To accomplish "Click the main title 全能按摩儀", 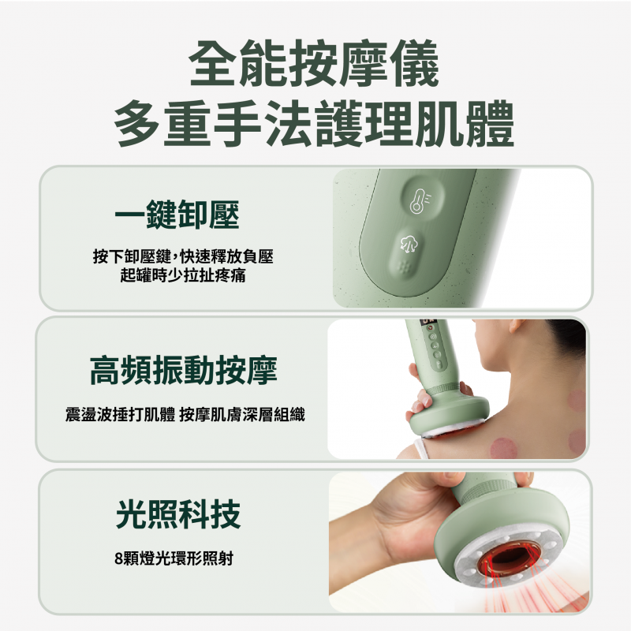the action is [314, 63].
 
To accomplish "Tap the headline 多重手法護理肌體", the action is [314, 124].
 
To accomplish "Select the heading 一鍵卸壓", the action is [177, 215].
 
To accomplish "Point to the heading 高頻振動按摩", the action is [184, 370].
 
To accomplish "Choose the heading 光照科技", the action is [178, 514].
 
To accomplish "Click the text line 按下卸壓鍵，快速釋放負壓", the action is [183, 256].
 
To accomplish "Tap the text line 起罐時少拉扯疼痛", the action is [183, 275].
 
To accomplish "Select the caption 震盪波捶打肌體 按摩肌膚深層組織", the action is [185, 415].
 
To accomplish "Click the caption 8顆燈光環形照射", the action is [174, 558].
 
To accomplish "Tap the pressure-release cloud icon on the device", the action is [409, 244].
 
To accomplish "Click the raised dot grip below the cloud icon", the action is [405, 267].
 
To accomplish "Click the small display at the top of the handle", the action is [428, 323].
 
